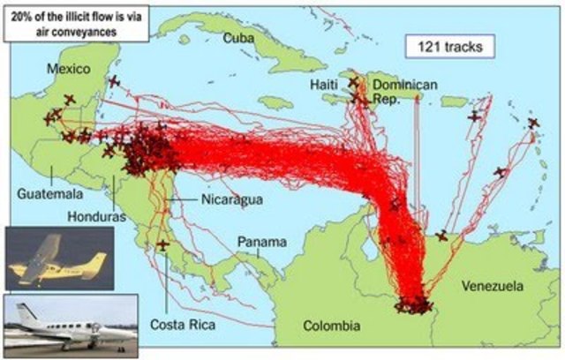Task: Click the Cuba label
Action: pyautogui.click(x=239, y=38)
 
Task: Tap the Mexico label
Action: pyautogui.click(x=70, y=69)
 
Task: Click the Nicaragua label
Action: pyautogui.click(x=232, y=199)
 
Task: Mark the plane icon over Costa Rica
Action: pyautogui.click(x=162, y=244)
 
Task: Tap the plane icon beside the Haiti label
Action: pyautogui.click(x=353, y=82)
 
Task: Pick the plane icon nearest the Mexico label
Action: pyautogui.click(x=70, y=100)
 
